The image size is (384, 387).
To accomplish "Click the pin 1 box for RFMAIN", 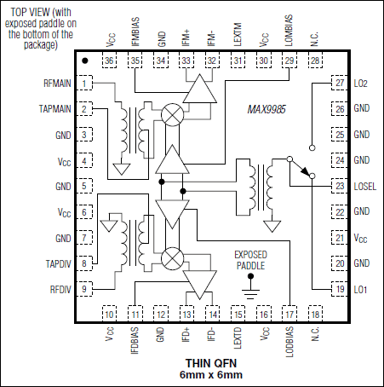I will click(86, 83).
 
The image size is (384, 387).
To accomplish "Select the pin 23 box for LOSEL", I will click(340, 186).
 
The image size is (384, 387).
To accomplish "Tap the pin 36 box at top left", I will click(109, 61).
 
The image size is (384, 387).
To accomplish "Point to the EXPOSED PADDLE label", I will click(250, 260).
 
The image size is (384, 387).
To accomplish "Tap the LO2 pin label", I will click(360, 83).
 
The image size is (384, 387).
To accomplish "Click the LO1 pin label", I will click(360, 290).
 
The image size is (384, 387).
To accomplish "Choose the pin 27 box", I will click(340, 83).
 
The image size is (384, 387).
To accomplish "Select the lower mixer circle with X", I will click(174, 257).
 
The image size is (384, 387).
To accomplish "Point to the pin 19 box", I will click(340, 290).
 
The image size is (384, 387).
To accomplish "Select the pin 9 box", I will click(86, 290).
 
